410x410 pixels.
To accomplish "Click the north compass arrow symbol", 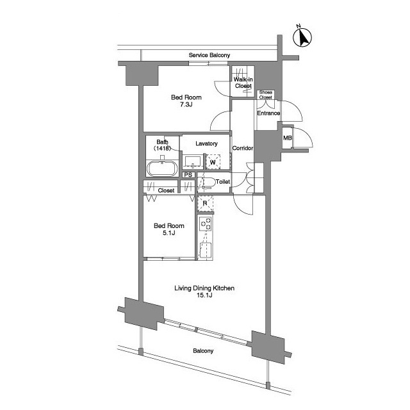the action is coord(302,37).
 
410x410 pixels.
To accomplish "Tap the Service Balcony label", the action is coord(209,55).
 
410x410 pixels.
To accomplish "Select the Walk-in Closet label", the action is coord(243,83).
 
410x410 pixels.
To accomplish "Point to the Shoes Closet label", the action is coord(266,95).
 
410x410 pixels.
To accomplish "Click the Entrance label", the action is coord(268,113).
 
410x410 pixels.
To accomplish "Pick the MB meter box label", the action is coord(288,138).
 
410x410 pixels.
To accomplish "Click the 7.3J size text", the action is coord(186,104).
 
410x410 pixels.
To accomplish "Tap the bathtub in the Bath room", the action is coord(162,168).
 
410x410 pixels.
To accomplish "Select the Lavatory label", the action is coord(206,143).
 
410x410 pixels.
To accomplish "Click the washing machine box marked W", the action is coord(213,162).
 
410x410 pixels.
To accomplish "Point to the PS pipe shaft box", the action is coord(188,175).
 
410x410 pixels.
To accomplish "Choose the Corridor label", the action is coord(243,148).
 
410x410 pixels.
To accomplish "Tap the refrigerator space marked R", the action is coord(205,204).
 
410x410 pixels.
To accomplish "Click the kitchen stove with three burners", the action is coord(206,224).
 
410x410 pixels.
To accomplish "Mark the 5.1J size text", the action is coord(169,233).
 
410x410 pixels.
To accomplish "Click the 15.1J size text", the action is coord(204,295).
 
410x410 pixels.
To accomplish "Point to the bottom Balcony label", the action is coord(203,351).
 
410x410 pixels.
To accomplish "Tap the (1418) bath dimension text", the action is coord(162,149).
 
